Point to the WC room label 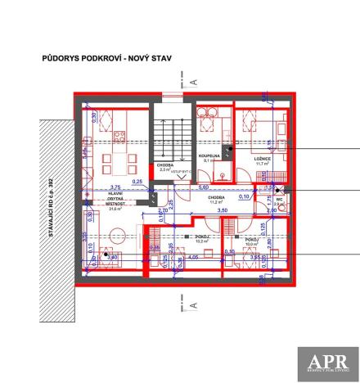click(280, 199)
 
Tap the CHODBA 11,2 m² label click(216, 200)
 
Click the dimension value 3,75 click(92, 187)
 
